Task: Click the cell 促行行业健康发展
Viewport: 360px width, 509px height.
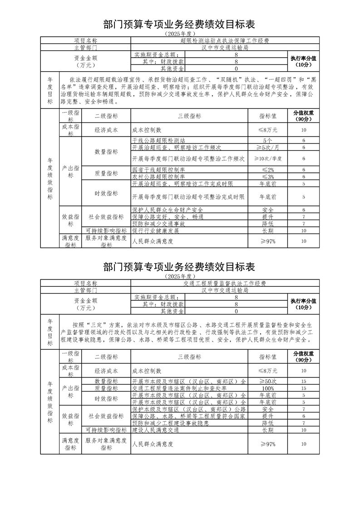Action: click(x=156, y=230)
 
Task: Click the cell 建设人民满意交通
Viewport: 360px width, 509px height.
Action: click(x=156, y=430)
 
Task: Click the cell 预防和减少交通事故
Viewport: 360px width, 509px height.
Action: click(x=158, y=224)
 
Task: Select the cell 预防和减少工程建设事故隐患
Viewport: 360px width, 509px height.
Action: click(x=170, y=423)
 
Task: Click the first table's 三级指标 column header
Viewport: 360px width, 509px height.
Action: click(x=189, y=116)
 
